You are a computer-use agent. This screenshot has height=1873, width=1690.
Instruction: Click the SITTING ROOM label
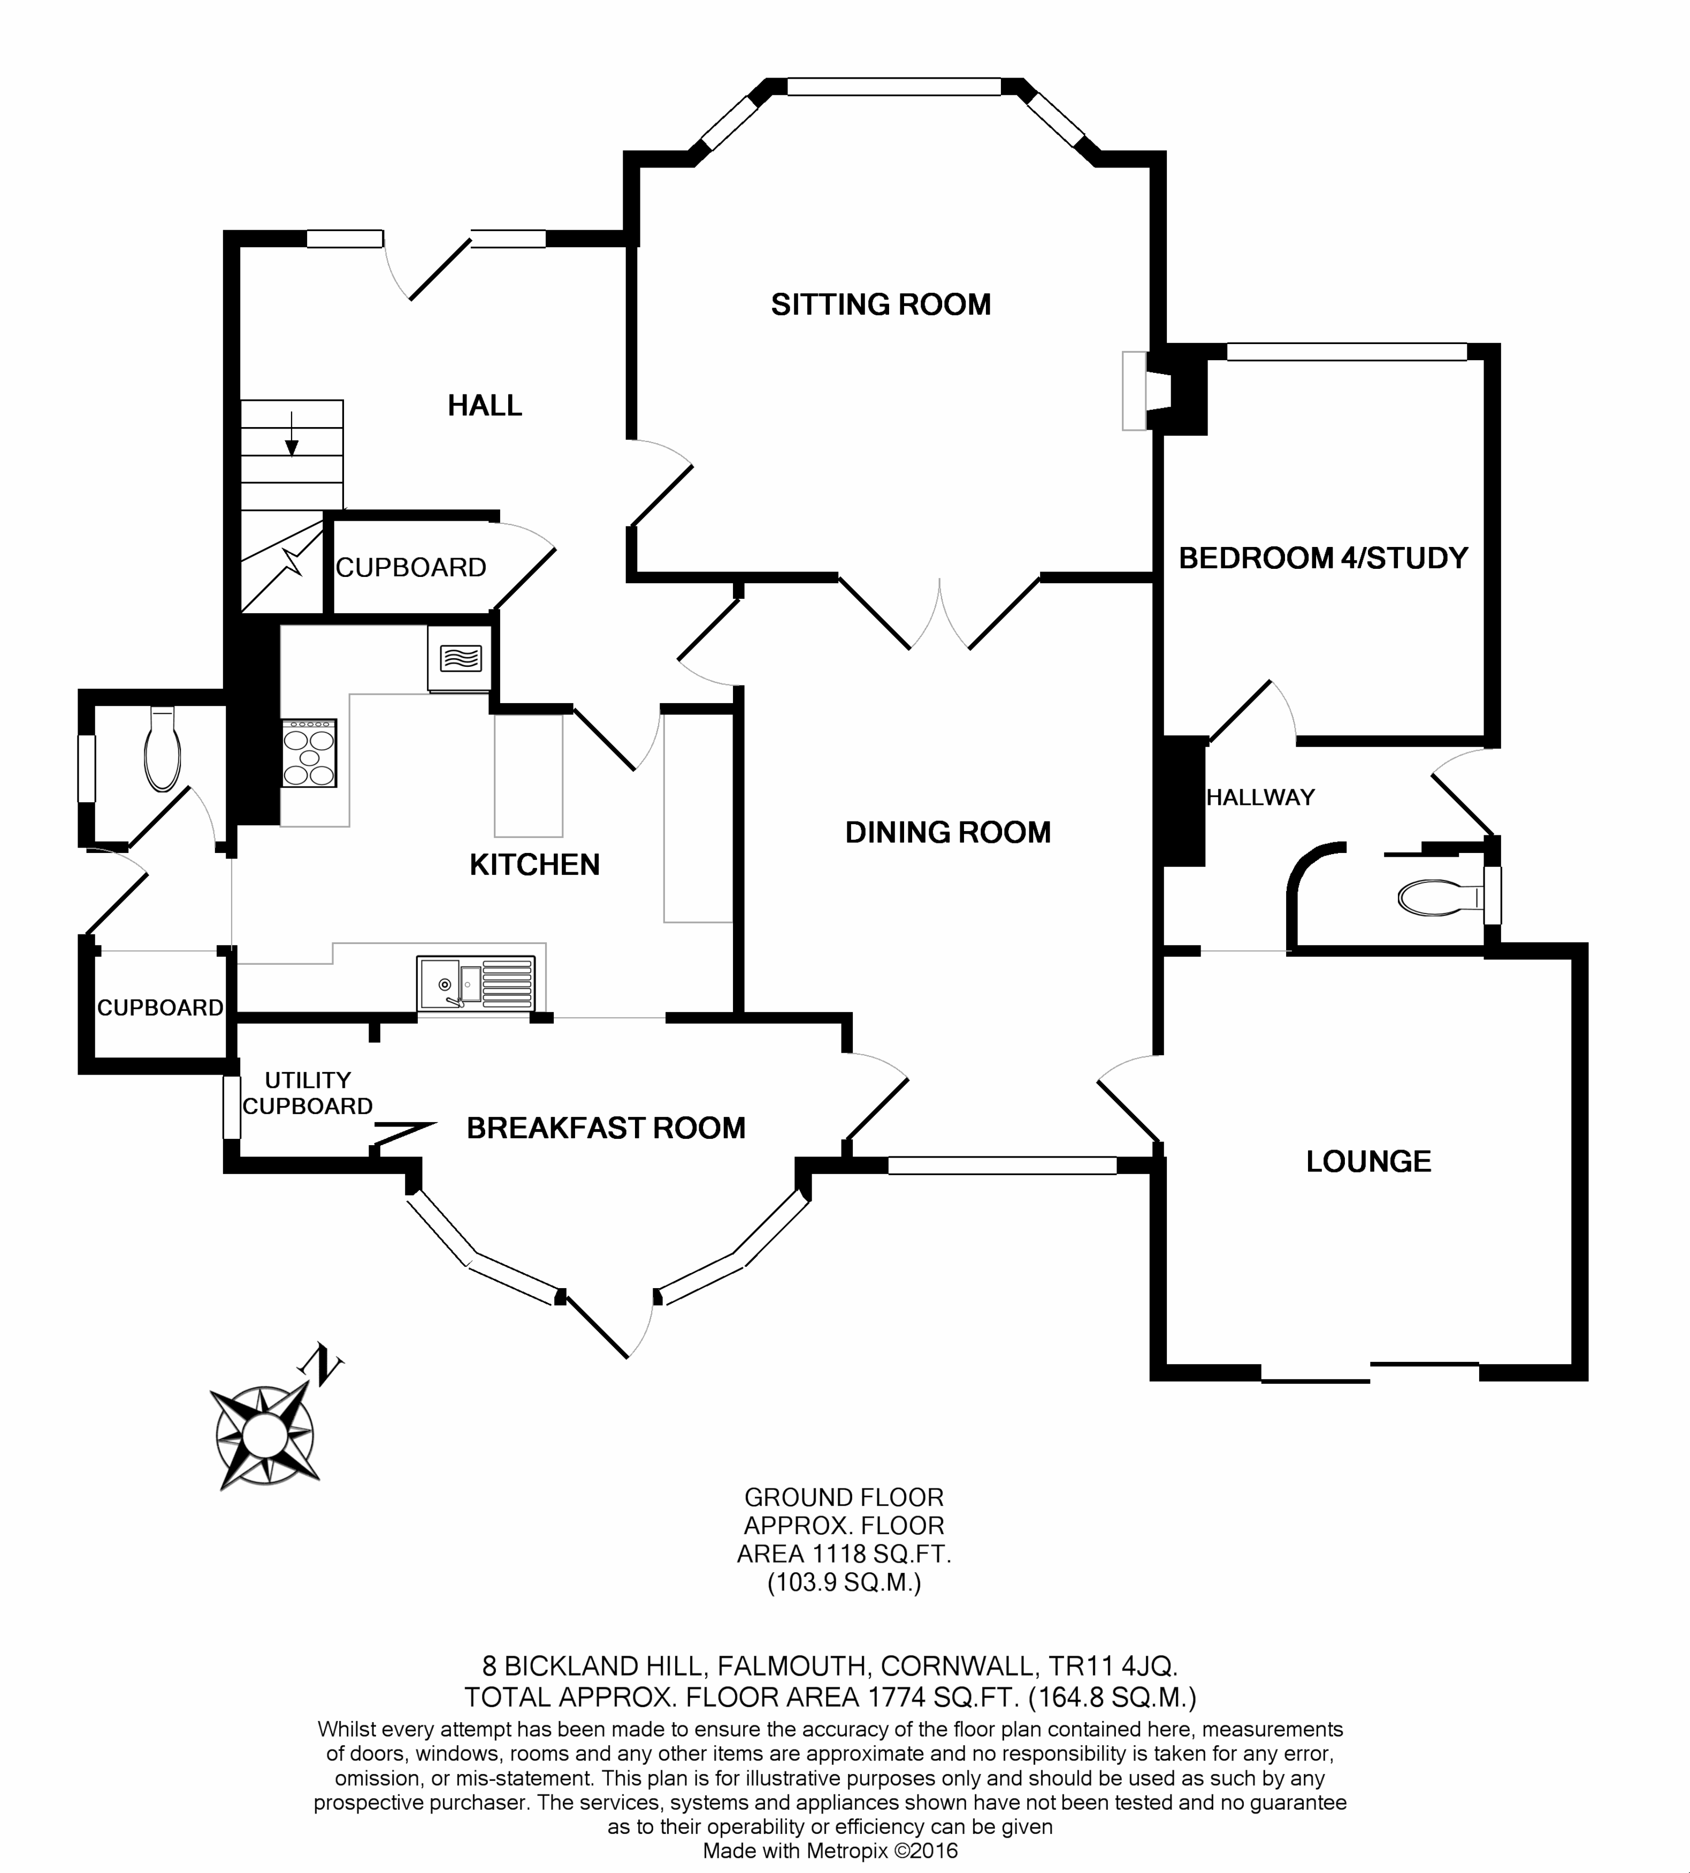pyautogui.click(x=880, y=304)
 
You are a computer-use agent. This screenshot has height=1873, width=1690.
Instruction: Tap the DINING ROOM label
pyautogui.click(x=947, y=832)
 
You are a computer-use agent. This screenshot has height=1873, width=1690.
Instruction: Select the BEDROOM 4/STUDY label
pyautogui.click(x=1323, y=558)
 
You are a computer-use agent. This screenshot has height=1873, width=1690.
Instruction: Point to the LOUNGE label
pyautogui.click(x=1368, y=1161)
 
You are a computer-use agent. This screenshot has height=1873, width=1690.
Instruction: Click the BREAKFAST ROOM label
pyautogui.click(x=606, y=1128)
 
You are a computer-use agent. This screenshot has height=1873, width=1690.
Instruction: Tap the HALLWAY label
pyautogui.click(x=1260, y=797)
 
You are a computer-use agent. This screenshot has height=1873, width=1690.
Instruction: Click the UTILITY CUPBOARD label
pyautogui.click(x=308, y=1093)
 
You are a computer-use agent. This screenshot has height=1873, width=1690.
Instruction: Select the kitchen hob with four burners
pyautogui.click(x=309, y=752)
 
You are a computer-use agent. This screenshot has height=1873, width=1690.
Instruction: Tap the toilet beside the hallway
pyautogui.click(x=1439, y=897)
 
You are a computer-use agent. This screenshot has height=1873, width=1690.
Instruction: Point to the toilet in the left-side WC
pyautogui.click(x=163, y=749)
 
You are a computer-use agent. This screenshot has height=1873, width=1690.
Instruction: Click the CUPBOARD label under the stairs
pyautogui.click(x=410, y=567)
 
